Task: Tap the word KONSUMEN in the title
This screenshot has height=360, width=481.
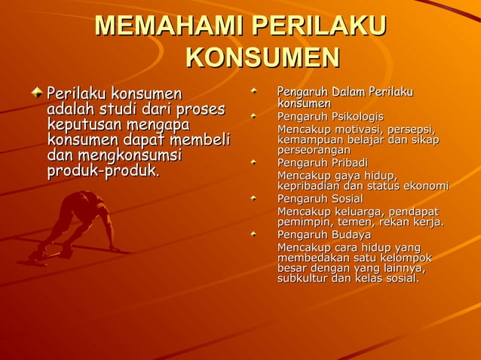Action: click(262, 58)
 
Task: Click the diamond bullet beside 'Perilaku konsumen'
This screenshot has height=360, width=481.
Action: click(38, 94)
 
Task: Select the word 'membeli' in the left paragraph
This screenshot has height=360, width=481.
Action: click(204, 140)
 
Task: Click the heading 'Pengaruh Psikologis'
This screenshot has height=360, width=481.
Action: click(329, 117)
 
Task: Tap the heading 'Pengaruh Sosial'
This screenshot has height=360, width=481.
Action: click(320, 199)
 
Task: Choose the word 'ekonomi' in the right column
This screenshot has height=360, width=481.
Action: click(426, 186)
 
